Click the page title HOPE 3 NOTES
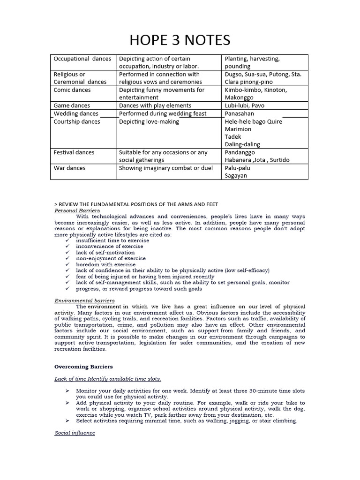[180, 40]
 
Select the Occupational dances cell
[82, 59]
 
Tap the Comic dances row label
[72, 90]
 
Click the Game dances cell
[72, 105]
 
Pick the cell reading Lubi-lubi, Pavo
[244, 105]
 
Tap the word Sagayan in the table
[236, 176]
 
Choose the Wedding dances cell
[76, 113]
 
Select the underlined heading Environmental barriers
[84, 300]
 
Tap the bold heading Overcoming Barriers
[83, 367]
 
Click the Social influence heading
[75, 433]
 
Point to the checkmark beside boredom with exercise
[67, 264]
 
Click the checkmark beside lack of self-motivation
[67, 252]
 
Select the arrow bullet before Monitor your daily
[67, 390]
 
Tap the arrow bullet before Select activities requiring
[67, 420]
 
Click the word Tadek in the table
[233, 137]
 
